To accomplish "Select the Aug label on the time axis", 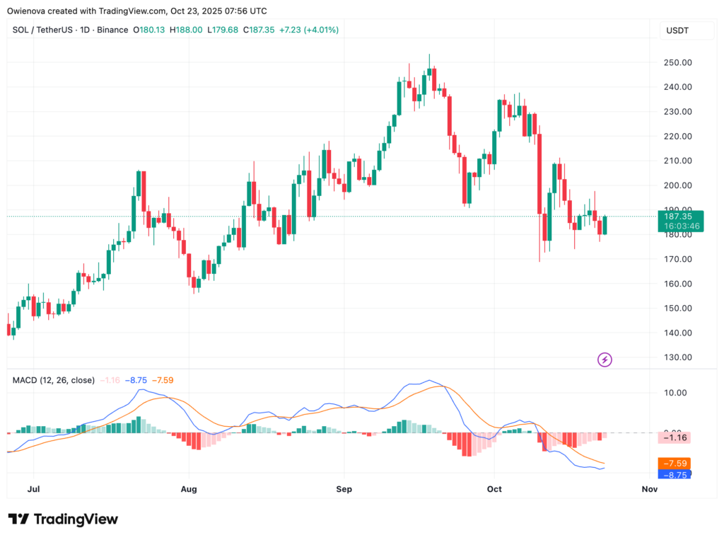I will click(189, 489).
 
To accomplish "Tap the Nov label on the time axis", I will click(648, 489).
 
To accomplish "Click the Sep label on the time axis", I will click(344, 489).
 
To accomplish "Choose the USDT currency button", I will click(677, 30).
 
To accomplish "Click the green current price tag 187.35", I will click(677, 215).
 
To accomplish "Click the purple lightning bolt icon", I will click(605, 360).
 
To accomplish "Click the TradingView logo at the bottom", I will click(63, 519).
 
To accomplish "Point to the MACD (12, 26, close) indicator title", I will click(54, 380).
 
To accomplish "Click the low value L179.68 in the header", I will click(223, 30).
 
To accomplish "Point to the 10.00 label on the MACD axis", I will click(675, 393).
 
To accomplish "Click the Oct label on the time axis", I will click(494, 489).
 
